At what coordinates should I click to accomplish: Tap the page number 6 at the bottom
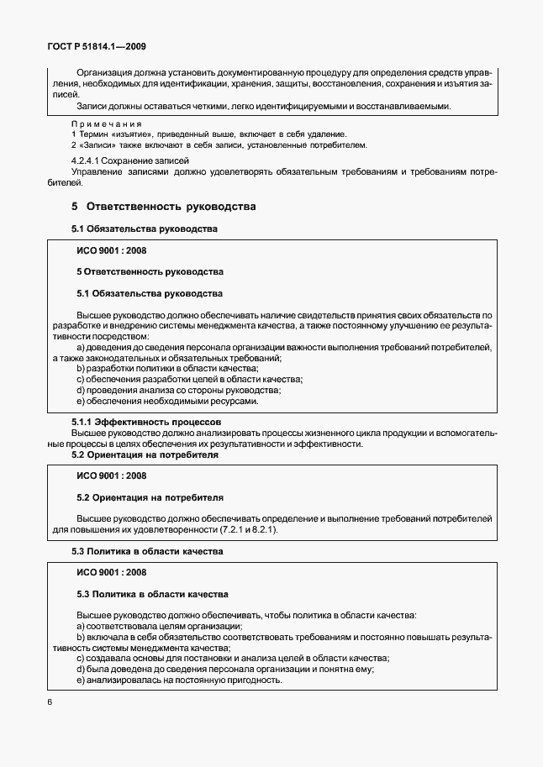[50, 701]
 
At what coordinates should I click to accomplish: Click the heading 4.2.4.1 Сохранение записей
[129, 160]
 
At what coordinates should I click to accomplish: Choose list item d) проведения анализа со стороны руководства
[178, 390]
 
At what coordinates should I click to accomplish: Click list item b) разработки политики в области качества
[167, 368]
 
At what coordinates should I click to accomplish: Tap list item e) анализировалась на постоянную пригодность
[178, 680]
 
